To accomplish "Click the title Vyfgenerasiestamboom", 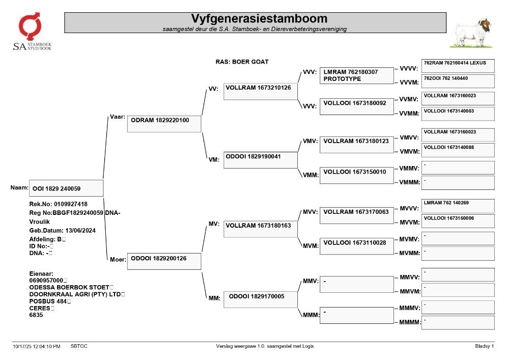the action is click(x=259, y=18).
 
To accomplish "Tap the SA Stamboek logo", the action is click(x=32, y=32).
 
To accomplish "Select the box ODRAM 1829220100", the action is click(x=164, y=124).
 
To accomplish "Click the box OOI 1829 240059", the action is click(x=66, y=188).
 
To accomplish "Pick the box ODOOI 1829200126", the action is click(x=164, y=261).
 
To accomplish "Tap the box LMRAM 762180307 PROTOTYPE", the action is click(x=356, y=76).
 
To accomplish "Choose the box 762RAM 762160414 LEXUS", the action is click(x=458, y=66).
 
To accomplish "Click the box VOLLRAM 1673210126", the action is click(x=260, y=91).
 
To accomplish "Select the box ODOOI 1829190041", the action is click(x=260, y=160).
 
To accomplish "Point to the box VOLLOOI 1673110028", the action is click(x=356, y=246).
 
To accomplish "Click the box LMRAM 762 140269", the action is click(x=458, y=206).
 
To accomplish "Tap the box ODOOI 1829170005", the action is click(x=260, y=299).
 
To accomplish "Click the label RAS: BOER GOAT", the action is click(x=242, y=62).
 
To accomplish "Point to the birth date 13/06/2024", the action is click(x=80, y=231).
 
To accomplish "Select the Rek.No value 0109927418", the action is click(x=70, y=204).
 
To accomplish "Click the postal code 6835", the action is click(x=36, y=315).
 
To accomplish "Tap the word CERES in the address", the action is click(x=40, y=308).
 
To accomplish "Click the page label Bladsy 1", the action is click(x=485, y=346).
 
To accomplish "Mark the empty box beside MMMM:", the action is click(x=458, y=323).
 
